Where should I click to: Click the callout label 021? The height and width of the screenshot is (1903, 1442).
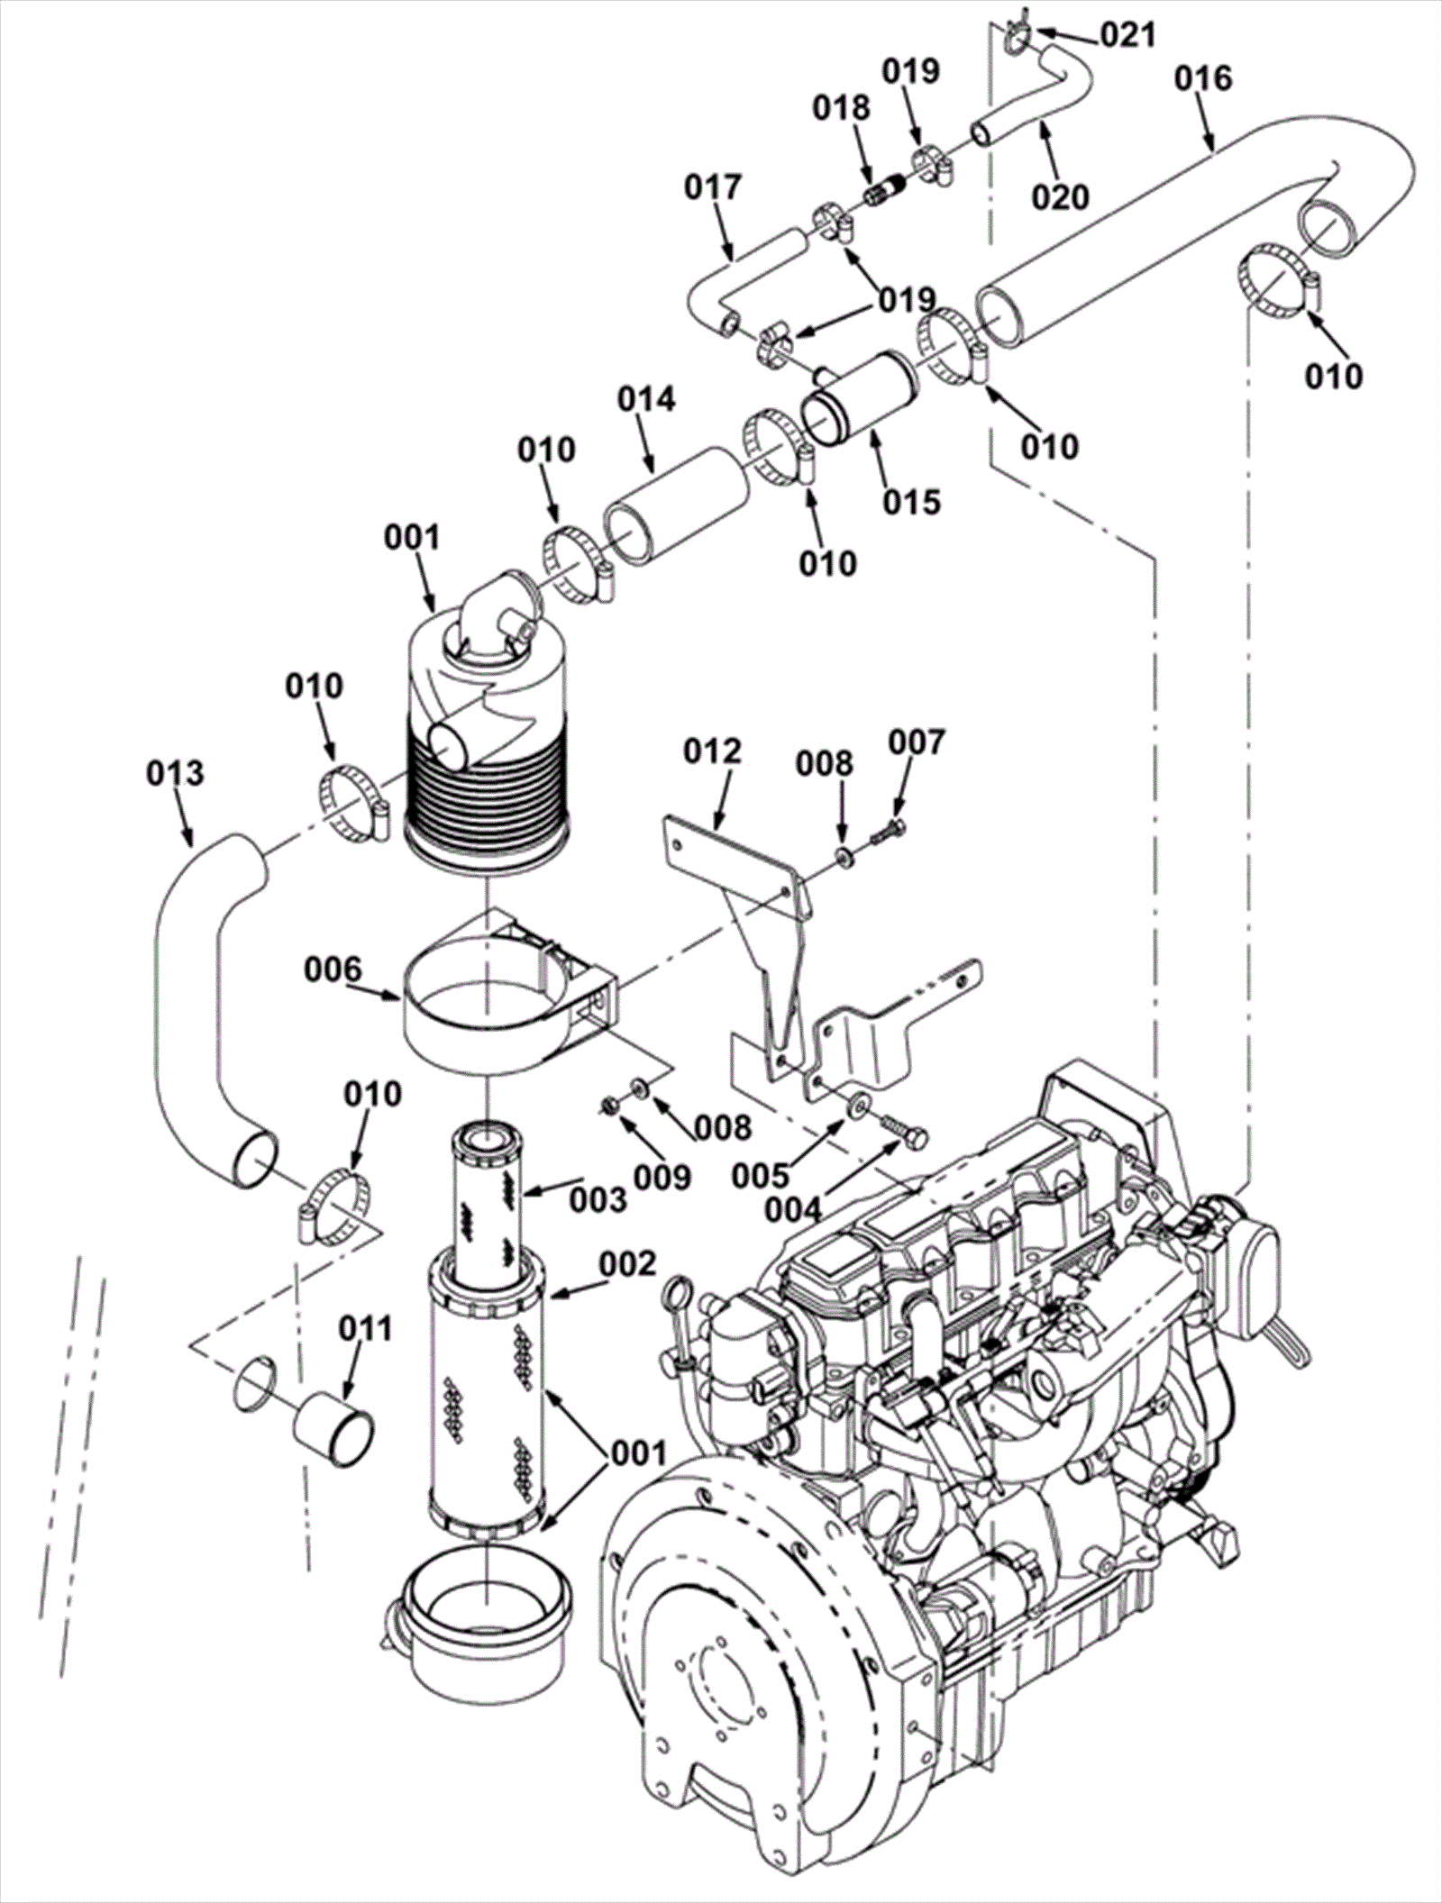[1127, 35]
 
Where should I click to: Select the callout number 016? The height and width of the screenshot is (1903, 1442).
[1202, 78]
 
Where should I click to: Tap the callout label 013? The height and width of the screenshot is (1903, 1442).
[175, 773]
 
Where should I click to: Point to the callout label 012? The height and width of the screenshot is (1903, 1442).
[712, 751]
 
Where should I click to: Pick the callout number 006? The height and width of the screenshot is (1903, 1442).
[333, 970]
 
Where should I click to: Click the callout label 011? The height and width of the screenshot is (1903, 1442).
[366, 1328]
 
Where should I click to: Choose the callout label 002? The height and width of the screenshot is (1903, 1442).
[627, 1264]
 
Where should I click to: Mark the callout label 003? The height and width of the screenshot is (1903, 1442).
[598, 1198]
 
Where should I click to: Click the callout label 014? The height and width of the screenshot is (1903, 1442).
[646, 398]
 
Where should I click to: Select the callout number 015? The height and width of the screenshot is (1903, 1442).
[911, 502]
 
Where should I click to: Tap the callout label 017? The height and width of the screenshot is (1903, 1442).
[713, 187]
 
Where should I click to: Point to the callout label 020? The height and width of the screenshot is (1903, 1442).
[1060, 196]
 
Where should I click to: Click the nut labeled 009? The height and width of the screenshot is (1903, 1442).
[610, 1105]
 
